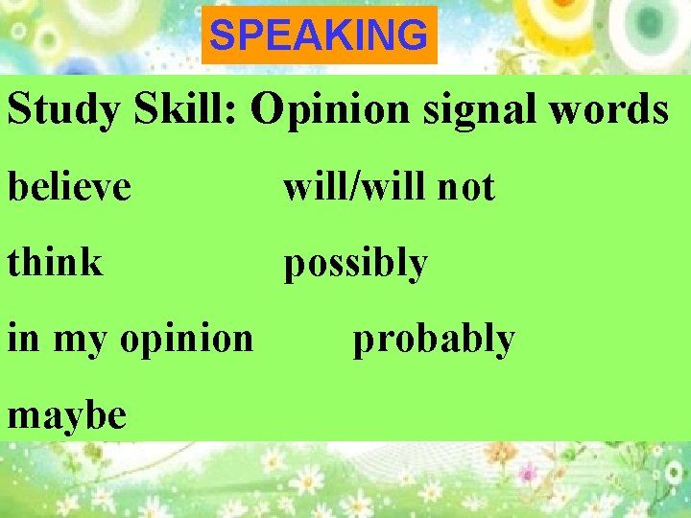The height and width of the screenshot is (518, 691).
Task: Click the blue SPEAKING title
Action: [319, 36]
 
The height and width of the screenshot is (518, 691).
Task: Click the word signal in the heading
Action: [465, 111]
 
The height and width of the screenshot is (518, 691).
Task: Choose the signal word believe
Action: [69, 186]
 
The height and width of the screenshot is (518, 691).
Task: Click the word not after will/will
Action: [465, 187]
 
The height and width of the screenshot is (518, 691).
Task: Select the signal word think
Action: [55, 261]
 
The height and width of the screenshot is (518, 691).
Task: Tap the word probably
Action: [434, 340]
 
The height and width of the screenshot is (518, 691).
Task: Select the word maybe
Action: [66, 414]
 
